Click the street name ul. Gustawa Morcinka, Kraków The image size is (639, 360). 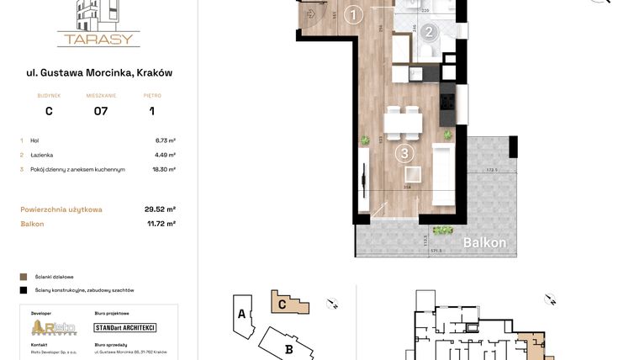(99, 73)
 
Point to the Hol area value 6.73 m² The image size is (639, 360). (165, 140)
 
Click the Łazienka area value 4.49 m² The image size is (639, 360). (165, 155)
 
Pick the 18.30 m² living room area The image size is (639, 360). (164, 169)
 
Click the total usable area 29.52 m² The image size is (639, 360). (160, 209)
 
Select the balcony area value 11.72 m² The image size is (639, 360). (160, 224)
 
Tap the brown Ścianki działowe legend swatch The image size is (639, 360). (23, 276)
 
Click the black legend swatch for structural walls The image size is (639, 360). (23, 290)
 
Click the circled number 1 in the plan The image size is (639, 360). (354, 14)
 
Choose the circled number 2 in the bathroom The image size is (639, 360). (429, 33)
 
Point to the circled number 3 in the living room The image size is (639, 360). (404, 153)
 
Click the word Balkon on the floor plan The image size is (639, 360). (485, 242)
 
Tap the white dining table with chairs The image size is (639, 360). (404, 124)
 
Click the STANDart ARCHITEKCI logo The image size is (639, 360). (125, 327)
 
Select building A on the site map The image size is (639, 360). (241, 315)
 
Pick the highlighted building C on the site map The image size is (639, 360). (283, 304)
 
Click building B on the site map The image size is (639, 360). (288, 347)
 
